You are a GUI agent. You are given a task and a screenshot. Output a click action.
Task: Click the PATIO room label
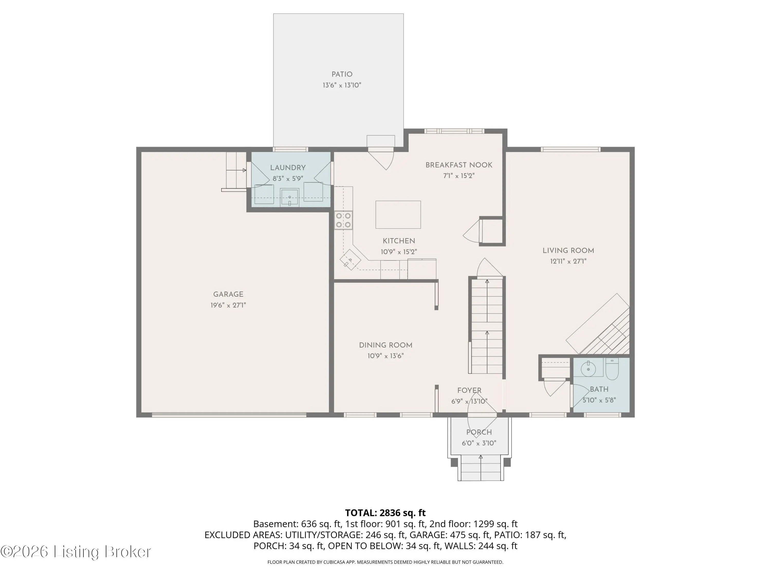342,74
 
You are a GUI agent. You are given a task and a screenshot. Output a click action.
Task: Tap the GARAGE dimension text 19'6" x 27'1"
228,305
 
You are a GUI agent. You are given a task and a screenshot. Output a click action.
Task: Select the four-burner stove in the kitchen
343,220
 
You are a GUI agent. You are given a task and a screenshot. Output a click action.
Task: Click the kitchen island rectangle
398,215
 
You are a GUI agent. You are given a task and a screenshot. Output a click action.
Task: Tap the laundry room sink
289,198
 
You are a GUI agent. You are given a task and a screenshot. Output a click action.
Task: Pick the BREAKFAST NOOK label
459,165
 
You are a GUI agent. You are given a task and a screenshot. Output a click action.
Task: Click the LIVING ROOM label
568,250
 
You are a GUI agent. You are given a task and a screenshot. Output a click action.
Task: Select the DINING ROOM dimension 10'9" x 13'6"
385,356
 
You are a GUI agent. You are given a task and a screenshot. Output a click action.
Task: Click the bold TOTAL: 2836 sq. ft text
385,512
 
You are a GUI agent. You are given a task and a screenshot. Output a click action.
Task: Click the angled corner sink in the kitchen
350,259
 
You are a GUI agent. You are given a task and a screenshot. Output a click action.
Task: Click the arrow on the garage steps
236,170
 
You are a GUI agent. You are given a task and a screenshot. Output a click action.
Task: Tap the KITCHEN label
399,241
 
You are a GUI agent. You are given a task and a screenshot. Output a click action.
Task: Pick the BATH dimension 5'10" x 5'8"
599,400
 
